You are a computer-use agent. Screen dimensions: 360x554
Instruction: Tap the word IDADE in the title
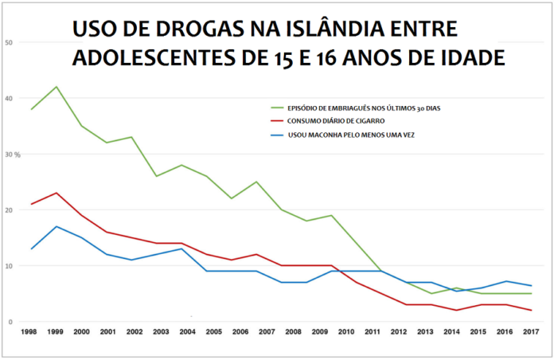470,59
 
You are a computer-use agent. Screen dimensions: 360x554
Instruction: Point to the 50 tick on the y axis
8,42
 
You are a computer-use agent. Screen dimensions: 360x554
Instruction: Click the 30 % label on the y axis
11,154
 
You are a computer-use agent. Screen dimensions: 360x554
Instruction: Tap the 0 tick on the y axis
10,322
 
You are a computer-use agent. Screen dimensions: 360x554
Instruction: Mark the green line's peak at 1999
56,87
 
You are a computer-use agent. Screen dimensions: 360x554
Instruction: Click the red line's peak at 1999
56,193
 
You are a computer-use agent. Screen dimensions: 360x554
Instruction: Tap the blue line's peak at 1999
56,226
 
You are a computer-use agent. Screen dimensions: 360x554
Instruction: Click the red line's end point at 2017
531,311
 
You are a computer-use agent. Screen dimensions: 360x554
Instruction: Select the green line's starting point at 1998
30,109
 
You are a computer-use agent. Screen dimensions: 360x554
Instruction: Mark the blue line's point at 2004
183,248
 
